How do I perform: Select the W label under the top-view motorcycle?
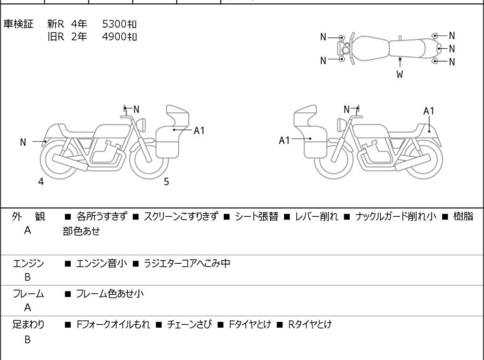point(399,74)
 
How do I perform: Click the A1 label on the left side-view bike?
point(199,130)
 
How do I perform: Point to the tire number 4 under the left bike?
point(40,182)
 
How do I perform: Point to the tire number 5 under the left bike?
point(166,182)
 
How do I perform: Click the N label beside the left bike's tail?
point(23,142)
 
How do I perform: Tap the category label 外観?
point(28,217)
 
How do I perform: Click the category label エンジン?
point(28,263)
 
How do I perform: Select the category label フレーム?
point(28,294)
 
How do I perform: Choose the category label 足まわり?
point(28,325)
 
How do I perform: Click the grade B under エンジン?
point(28,278)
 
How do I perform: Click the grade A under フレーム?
point(28,308)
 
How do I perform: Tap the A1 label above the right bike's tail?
point(430,111)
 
